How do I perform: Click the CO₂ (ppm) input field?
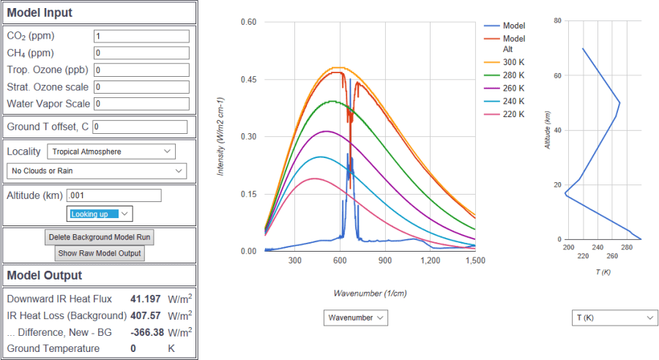click(141, 36)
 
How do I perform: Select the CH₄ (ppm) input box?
click(141, 53)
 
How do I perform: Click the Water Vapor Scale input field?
click(141, 104)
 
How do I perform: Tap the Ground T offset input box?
click(140, 127)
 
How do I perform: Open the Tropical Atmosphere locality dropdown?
click(111, 151)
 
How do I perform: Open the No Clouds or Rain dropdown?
click(96, 170)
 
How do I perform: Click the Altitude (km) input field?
click(113, 195)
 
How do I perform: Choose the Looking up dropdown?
click(100, 214)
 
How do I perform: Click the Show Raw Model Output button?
click(100, 253)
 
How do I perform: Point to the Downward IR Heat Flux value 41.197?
click(145, 299)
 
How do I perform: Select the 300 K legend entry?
click(513, 62)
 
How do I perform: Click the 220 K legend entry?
click(513, 114)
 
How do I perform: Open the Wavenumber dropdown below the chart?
click(355, 318)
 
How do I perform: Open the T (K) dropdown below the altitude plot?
click(614, 318)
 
